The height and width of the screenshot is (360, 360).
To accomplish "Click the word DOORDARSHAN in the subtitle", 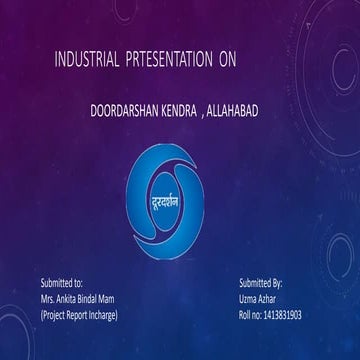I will coord(122,104).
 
